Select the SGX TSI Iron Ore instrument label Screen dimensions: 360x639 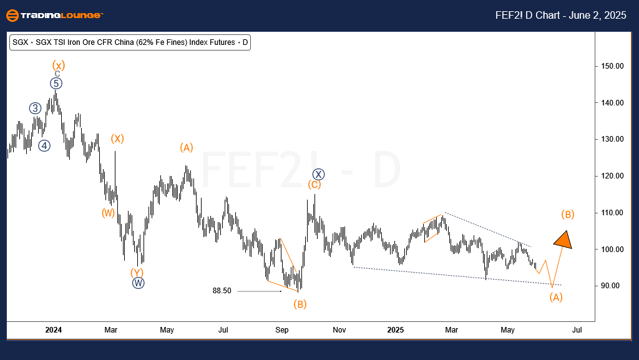130,42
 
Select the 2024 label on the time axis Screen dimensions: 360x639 54,329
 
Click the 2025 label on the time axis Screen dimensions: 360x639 396,329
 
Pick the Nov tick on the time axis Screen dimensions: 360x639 339,329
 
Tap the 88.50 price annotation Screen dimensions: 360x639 222,291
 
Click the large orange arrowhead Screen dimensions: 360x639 563,240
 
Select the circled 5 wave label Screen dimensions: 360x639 57,83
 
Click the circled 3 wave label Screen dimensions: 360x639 36,108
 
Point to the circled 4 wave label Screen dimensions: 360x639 44,145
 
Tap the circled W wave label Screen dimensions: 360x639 138,283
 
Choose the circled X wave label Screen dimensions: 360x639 318,174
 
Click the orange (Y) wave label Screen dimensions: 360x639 137,272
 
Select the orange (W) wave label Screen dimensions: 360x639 109,213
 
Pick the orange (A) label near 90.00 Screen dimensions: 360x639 556,297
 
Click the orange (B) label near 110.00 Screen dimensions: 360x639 567,214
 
